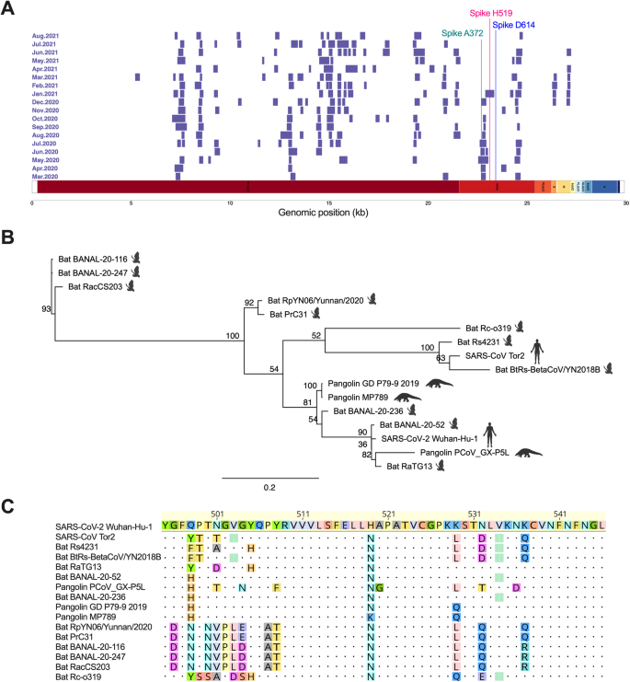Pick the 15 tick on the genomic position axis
pyautogui.click(x=328, y=202)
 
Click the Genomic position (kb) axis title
pyautogui.click(x=328, y=212)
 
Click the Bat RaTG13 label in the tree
pyautogui.click(x=407, y=467)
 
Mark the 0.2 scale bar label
pyautogui.click(x=269, y=488)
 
